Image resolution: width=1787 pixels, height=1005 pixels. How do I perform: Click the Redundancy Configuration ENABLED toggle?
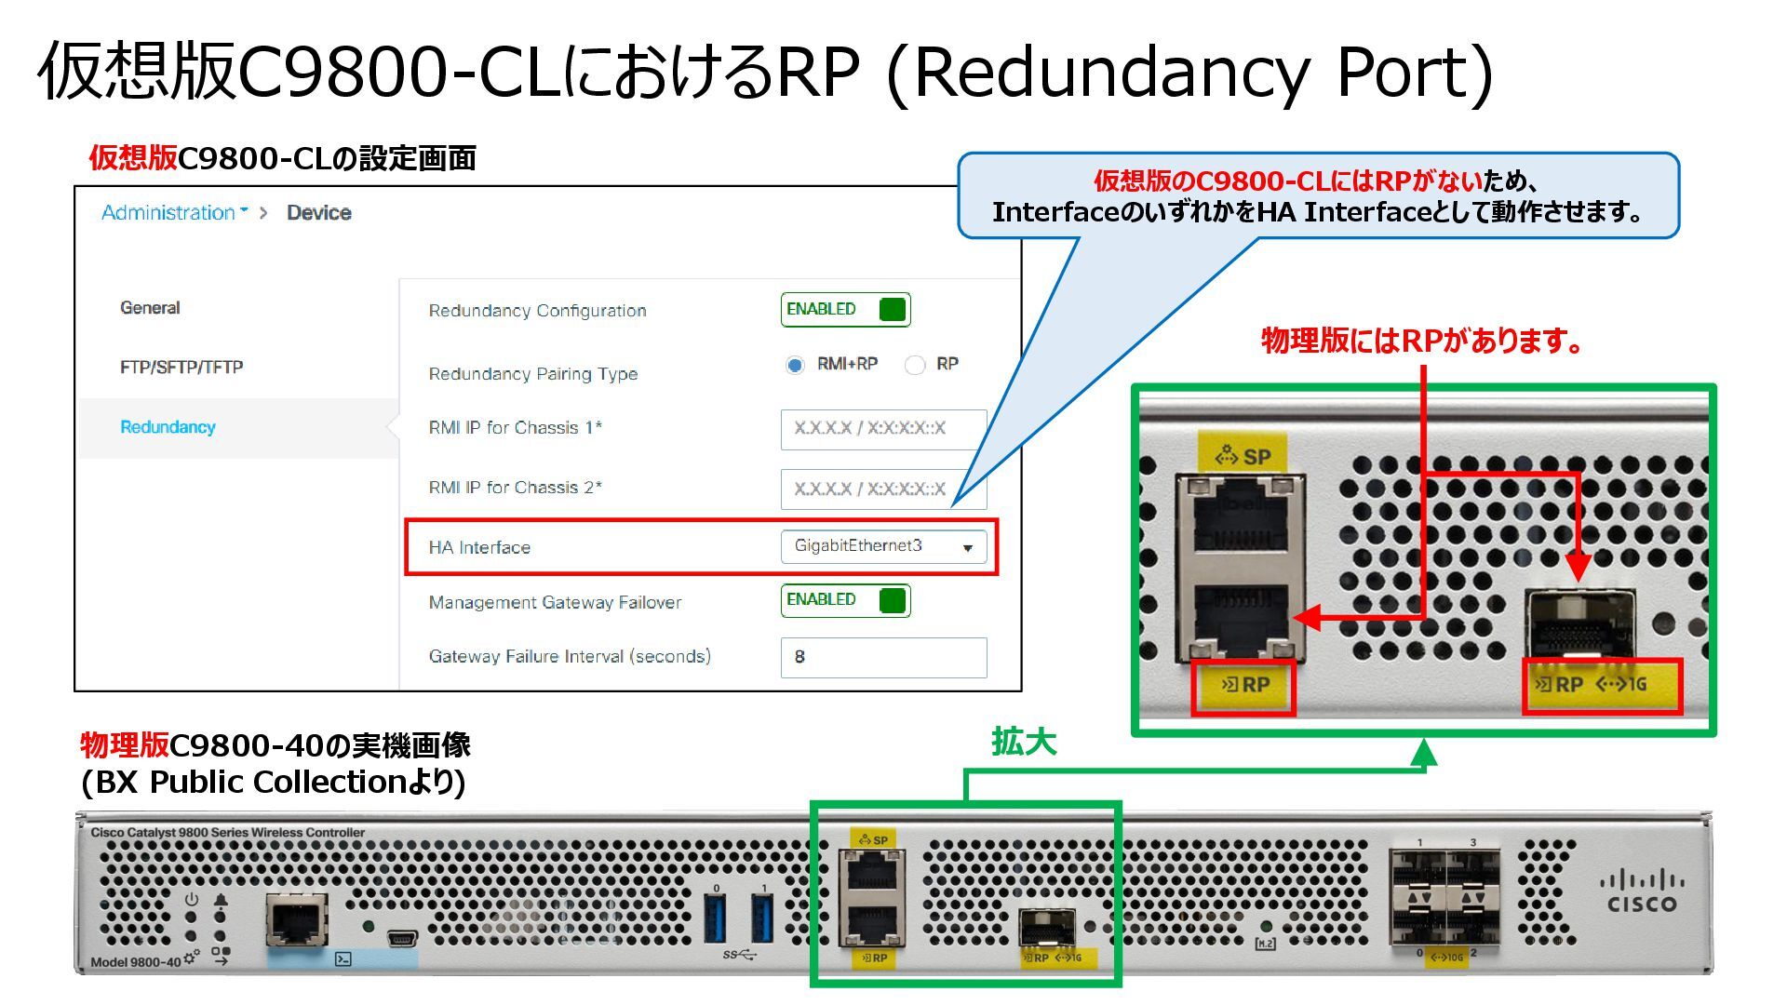(x=845, y=310)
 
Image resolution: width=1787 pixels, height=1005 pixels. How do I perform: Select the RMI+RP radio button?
(x=795, y=365)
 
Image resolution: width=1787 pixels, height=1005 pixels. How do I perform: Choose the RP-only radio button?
(x=915, y=365)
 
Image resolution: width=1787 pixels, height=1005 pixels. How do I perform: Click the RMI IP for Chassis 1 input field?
(x=882, y=429)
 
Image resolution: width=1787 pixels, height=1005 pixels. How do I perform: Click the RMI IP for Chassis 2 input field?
(x=882, y=489)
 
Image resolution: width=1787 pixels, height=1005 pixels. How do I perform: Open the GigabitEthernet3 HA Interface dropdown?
(x=882, y=546)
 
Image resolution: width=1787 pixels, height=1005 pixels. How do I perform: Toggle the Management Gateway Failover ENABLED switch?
(x=845, y=600)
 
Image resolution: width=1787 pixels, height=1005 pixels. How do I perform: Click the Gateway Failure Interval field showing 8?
(x=882, y=657)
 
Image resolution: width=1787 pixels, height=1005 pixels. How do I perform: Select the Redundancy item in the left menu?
(x=168, y=427)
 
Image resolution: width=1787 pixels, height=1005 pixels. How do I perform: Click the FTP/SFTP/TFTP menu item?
(x=181, y=368)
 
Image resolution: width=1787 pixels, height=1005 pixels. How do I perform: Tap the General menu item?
(x=150, y=308)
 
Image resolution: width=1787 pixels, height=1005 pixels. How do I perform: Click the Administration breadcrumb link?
(x=168, y=213)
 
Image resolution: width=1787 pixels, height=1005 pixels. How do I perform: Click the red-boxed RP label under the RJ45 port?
(x=1243, y=687)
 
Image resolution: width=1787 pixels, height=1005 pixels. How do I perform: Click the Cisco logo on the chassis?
(x=1642, y=891)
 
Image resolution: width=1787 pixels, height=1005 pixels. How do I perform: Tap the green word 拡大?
(x=1023, y=743)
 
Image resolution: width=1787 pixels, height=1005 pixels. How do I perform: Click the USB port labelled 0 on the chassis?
(x=716, y=918)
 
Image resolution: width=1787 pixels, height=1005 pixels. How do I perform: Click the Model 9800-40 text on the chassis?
(x=135, y=961)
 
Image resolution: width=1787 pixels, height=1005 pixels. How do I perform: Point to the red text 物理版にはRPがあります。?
(x=1421, y=341)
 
